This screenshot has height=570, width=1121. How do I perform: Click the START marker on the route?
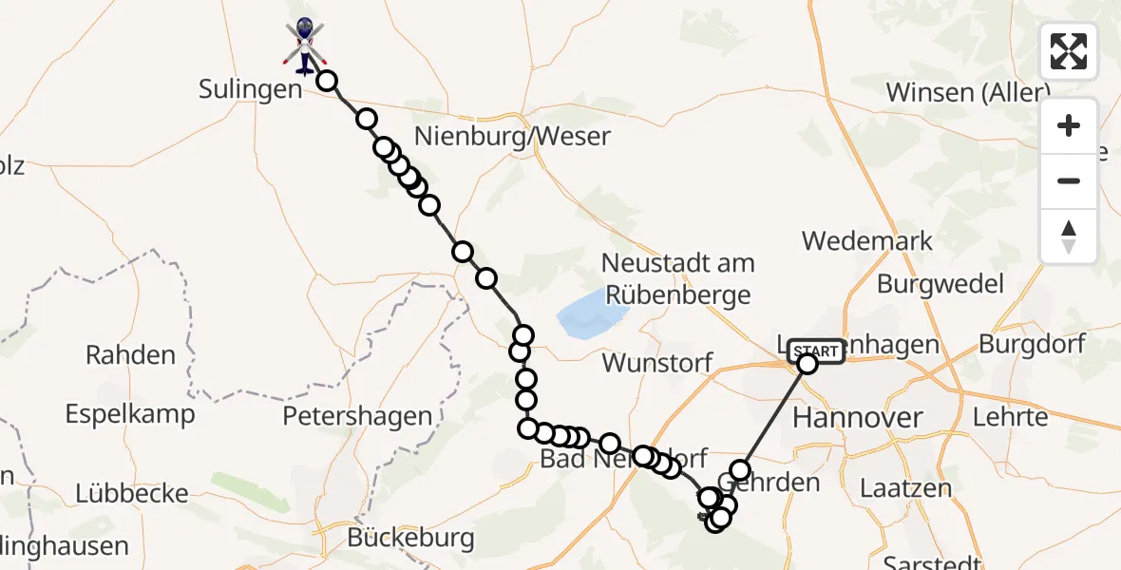coord(815,351)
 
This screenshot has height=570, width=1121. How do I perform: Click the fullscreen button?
coord(1069,51)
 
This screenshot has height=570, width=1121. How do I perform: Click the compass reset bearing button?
coord(1069,237)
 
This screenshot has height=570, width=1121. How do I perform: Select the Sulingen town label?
coord(250,89)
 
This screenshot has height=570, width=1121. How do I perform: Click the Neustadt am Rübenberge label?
coord(678,277)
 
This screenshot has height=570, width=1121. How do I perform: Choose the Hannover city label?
coord(857,417)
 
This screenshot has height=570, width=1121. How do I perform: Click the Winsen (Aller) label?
coord(968,92)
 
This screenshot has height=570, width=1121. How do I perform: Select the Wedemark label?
coord(867,240)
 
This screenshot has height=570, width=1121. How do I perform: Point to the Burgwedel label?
coord(940,283)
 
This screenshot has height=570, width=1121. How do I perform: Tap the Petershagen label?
coord(357,416)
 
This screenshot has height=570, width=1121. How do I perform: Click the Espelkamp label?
coord(130,414)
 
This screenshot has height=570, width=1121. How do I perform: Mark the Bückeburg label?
coord(410,539)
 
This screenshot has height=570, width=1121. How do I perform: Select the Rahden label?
coord(131,355)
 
